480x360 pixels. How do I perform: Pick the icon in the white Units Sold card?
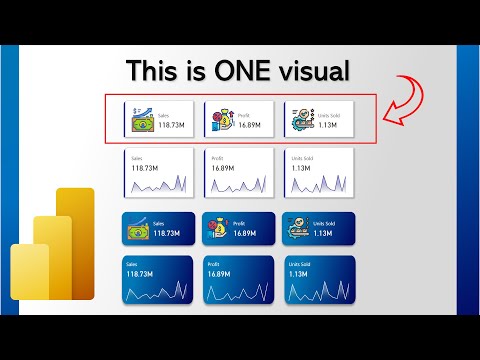pos(299,120)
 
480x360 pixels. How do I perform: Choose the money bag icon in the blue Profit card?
pos(220,229)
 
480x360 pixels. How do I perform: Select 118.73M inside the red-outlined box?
pos(173,126)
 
